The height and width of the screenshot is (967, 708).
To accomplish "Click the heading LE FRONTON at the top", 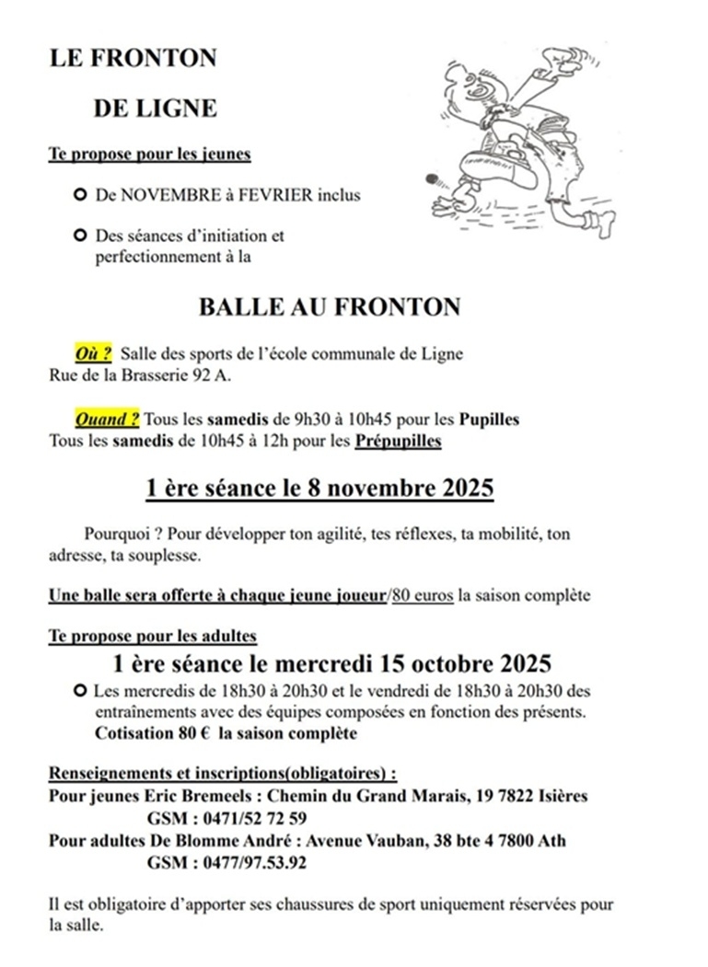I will pos(133,58).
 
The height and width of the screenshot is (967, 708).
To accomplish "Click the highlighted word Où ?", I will pos(93,353).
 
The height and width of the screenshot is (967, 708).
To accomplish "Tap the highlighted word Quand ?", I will pos(107,420).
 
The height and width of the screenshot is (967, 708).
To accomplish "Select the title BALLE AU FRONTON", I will pos(329,306).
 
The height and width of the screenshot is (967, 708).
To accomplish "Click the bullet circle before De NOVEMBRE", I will pos(80,195).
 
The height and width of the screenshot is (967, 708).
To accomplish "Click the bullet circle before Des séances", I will pos(80,236).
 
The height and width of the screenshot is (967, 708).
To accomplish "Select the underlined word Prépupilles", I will pos(397,441).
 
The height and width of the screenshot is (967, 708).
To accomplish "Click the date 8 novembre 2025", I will pos(401,488).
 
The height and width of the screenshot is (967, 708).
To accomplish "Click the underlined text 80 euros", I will pos(423,594).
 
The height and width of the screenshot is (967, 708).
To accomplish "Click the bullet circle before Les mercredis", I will pos(80,690).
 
